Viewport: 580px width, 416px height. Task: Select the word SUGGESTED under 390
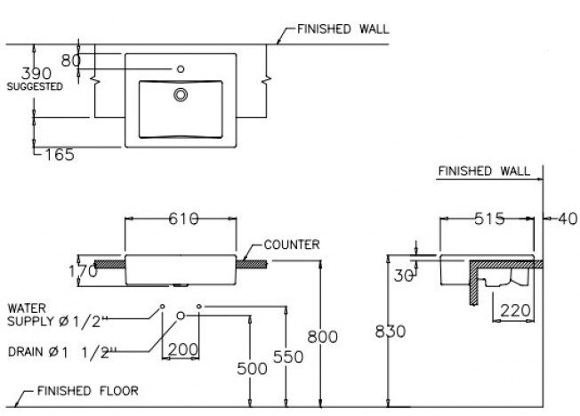pos(35,87)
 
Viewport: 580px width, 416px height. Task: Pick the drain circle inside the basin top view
pos(181,92)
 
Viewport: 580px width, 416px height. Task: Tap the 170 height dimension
pos(82,270)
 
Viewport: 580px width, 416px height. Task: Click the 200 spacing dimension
pos(181,349)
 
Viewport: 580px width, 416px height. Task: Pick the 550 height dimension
pos(289,356)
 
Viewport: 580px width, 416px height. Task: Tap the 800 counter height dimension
pos(321,336)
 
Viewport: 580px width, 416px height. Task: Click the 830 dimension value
pos(391,331)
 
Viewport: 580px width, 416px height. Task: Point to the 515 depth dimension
pos(489,218)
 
